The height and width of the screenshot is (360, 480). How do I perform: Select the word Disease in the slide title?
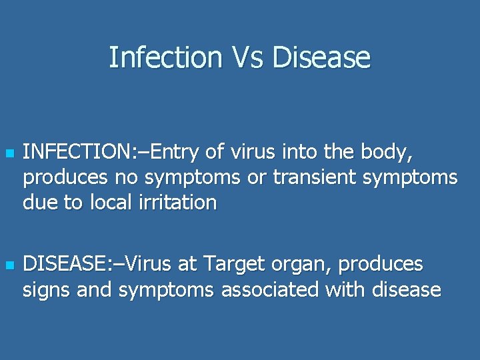[321, 57]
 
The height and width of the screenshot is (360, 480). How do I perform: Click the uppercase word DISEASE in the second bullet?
[61, 265]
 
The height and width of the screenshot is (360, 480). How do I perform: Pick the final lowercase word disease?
[405, 289]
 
